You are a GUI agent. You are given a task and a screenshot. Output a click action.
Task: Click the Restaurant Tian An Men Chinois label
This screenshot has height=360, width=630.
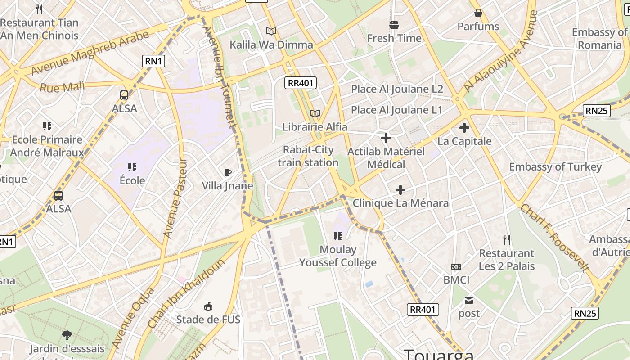(40, 29)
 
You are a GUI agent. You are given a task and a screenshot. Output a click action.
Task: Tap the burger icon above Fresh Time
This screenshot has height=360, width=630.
(394, 25)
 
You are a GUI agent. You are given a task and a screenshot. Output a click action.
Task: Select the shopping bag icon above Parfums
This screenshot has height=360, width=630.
(478, 13)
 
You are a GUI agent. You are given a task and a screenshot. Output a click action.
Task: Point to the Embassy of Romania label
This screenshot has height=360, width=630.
(599, 39)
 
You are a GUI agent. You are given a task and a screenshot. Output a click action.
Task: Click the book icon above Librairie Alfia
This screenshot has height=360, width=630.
(315, 114)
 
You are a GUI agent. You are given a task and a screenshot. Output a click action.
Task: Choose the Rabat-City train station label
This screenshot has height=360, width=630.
(308, 156)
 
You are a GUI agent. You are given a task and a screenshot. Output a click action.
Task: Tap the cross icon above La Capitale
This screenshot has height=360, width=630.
(464, 128)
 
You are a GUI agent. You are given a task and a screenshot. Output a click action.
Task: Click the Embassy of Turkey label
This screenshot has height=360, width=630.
(555, 167)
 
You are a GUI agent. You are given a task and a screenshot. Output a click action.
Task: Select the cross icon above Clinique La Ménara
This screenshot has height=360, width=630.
(400, 190)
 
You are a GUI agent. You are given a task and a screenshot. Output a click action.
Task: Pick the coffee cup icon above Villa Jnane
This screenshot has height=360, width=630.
(228, 172)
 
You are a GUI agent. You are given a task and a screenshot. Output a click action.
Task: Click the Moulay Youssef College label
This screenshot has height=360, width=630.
(338, 256)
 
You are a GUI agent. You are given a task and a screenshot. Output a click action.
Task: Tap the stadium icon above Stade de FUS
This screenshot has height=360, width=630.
(208, 306)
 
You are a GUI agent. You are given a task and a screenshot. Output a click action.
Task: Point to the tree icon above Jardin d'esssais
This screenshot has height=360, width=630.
(67, 335)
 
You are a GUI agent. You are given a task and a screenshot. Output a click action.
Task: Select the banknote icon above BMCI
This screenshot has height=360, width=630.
(456, 267)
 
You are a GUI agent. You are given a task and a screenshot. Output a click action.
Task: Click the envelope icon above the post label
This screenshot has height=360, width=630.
(469, 300)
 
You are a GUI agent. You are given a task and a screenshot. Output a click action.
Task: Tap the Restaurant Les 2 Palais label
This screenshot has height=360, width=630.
(507, 260)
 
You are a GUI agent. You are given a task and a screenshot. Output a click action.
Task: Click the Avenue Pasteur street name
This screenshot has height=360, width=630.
(175, 198)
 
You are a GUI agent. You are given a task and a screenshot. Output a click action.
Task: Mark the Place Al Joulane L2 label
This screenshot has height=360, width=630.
(397, 89)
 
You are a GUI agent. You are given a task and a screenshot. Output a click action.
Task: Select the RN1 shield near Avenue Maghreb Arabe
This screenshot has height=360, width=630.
(153, 61)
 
